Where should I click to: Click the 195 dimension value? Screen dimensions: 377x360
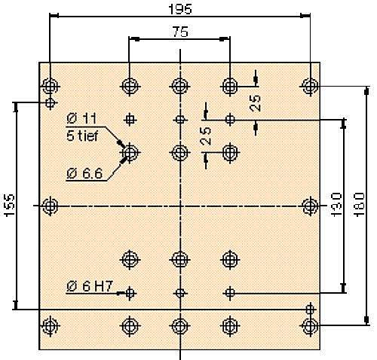point(180,9)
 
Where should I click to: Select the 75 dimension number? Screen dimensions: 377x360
point(180,32)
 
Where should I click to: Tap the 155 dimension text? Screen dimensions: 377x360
point(10,205)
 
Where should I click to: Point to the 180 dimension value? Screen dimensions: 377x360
point(359,204)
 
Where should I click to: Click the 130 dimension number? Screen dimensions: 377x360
point(336,204)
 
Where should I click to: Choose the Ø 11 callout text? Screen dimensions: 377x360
point(81,118)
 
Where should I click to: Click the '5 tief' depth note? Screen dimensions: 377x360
point(82,136)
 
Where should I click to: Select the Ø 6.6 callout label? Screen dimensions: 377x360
point(84,173)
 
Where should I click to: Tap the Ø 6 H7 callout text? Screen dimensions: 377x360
point(90,286)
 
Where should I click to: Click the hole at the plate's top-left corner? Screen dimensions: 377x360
point(51,87)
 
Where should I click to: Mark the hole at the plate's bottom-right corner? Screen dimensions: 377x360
point(310,326)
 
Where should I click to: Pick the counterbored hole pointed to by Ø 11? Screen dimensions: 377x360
point(130,152)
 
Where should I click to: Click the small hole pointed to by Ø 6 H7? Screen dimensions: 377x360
point(130,293)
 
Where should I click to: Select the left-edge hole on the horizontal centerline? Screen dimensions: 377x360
point(51,206)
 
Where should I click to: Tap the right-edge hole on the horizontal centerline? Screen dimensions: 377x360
point(310,206)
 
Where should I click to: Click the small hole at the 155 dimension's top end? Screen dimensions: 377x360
point(51,102)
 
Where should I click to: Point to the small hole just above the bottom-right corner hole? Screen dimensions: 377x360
point(310,310)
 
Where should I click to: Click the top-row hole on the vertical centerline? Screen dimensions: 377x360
point(180,87)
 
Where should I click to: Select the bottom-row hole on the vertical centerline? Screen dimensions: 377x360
point(180,326)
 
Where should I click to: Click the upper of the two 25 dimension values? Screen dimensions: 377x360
point(255,103)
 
